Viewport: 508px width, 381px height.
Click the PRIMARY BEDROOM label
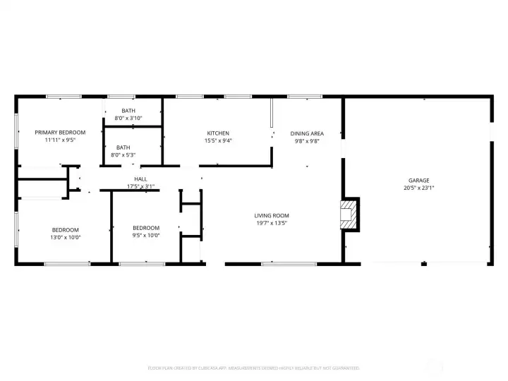60,133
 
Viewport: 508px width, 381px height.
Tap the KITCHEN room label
218,133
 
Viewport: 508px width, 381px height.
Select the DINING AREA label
307,133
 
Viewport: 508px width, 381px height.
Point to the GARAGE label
418,181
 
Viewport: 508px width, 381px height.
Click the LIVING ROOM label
272,216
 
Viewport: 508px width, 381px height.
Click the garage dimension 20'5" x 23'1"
418,188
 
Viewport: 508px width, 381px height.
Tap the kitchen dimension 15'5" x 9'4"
218,140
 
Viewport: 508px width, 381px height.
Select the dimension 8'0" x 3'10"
128,118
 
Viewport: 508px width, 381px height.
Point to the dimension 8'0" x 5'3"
123,155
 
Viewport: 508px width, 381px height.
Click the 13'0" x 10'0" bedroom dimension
66,237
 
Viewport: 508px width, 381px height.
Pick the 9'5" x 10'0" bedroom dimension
146,236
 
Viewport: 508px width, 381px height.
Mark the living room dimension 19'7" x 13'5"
272,223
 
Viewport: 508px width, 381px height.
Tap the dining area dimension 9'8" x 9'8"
307,140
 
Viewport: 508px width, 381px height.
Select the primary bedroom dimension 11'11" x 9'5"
60,140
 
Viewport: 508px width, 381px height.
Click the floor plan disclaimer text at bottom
253,368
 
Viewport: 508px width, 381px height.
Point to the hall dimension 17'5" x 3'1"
140,186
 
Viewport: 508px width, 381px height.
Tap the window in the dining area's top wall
300,97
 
